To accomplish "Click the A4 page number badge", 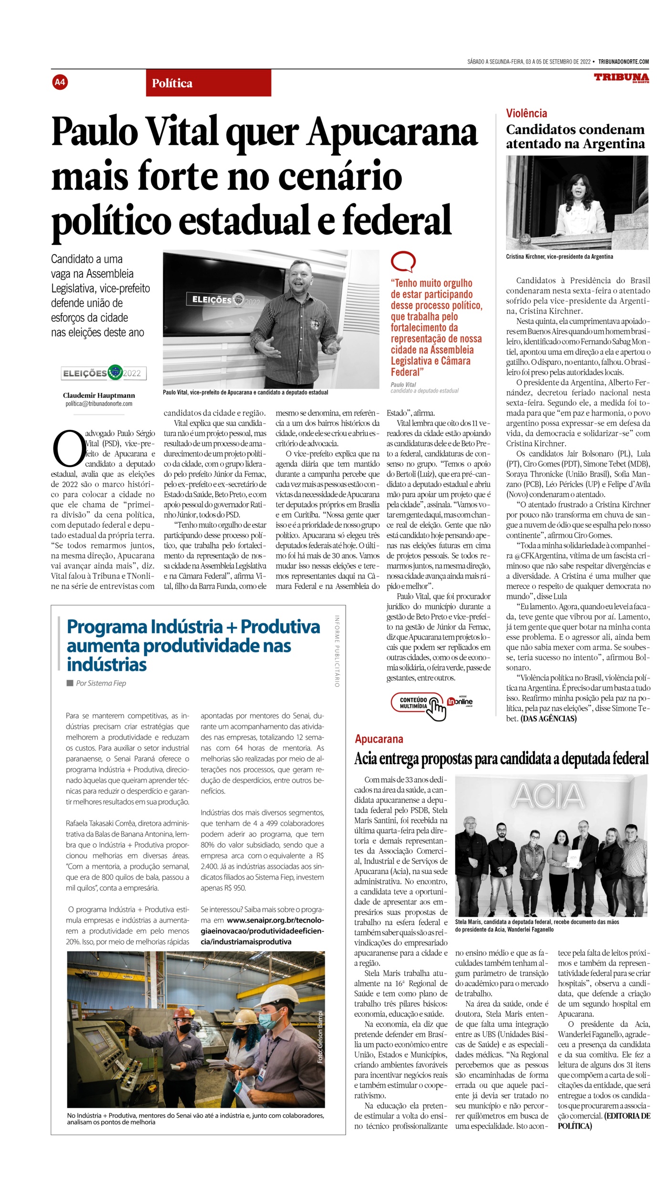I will [60, 82].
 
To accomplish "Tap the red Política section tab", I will [208, 83].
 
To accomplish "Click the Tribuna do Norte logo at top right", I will [621, 78].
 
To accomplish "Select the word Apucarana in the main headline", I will [392, 132].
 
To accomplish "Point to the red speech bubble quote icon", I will [403, 262].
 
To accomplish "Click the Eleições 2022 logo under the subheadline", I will [104, 373].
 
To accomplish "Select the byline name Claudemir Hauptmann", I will [99, 395].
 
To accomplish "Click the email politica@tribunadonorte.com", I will [99, 404].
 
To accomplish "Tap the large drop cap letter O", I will [68, 449].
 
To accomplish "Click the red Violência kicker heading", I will [526, 113].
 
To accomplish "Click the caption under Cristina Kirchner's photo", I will [559, 256].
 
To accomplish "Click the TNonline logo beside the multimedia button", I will [460, 702].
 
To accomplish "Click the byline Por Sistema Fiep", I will [101, 683].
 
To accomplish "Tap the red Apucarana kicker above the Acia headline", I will [379, 739].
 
